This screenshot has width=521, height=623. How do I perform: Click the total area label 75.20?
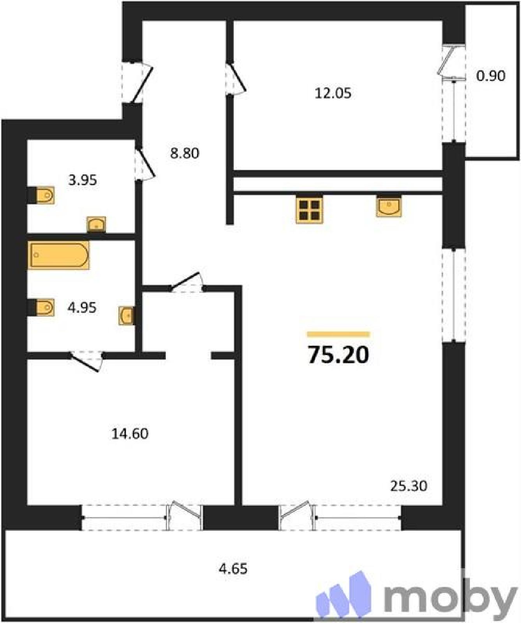(338, 355)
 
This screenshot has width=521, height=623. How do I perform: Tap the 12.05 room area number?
(333, 93)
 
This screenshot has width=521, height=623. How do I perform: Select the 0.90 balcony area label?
(491, 76)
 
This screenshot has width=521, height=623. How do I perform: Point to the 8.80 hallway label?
(185, 153)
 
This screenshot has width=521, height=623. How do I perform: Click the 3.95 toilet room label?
(83, 180)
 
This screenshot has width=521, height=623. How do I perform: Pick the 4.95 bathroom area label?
(82, 308)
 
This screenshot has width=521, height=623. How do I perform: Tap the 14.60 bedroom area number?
(130, 433)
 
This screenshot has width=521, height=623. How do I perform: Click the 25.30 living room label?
(408, 486)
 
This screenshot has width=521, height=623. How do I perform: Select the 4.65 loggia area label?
(233, 569)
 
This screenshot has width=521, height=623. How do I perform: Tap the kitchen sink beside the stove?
(389, 206)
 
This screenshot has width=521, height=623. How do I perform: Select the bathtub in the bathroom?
(59, 255)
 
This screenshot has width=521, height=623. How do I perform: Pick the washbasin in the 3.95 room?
(96, 224)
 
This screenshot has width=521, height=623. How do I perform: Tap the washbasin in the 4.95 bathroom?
(127, 315)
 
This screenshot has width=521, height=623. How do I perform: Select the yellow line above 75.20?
(338, 334)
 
